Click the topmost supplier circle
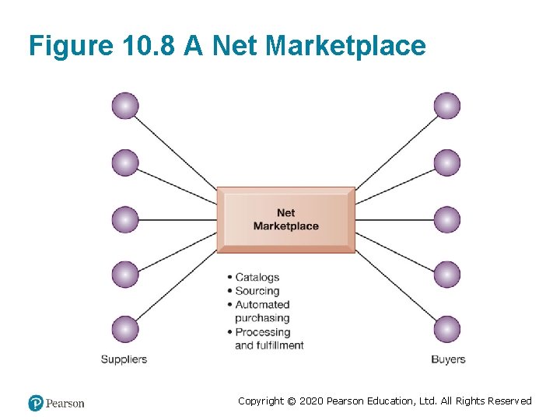point(124,106)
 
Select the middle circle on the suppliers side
point(124,219)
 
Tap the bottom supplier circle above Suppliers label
point(124,330)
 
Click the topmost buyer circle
point(446,106)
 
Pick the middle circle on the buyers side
point(446,219)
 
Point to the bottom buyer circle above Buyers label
point(446,330)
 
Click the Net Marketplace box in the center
point(285,219)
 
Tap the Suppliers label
point(124,359)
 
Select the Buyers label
point(448,359)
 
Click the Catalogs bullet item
point(257,277)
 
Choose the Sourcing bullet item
point(257,291)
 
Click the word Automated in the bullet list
point(262,305)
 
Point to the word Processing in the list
point(263,332)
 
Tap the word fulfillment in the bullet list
point(280,345)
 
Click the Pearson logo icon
point(36,403)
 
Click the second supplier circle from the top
point(124,163)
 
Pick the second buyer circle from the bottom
point(446,275)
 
